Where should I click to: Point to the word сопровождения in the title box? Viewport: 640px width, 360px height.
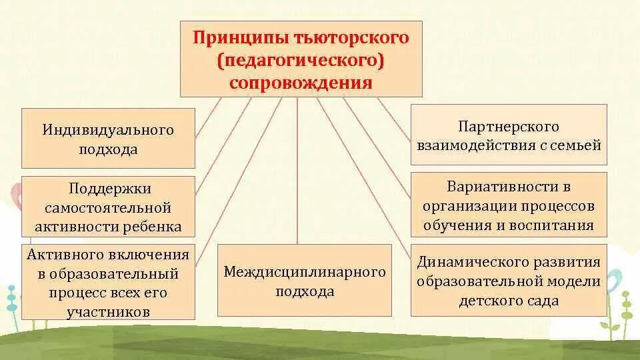301,83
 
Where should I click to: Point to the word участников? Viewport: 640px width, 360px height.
109,311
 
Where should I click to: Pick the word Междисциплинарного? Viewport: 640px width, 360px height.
305,272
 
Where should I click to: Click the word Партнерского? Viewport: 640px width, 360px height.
509,126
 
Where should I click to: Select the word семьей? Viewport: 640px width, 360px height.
577,145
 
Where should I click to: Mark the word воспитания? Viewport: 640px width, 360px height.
553,225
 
